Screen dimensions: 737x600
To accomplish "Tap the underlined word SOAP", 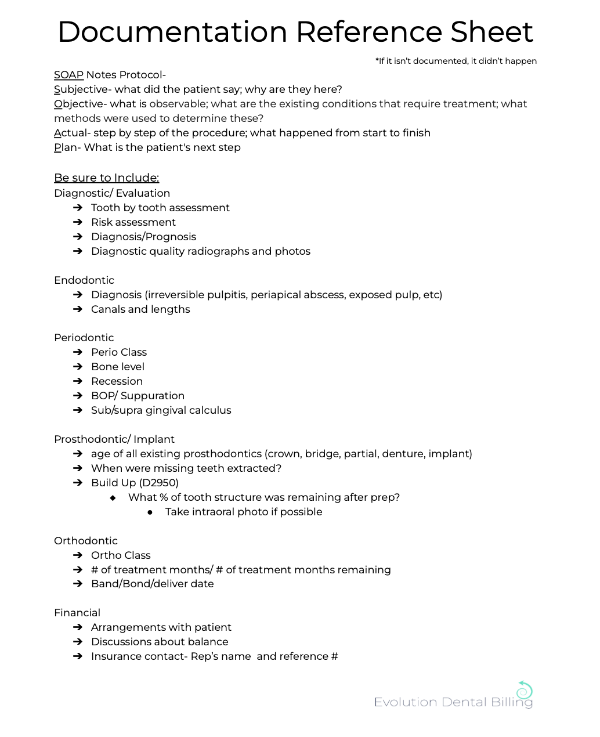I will click(68, 75).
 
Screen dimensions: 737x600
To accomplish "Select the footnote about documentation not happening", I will click(456, 61).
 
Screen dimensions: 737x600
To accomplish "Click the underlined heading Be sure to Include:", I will click(106, 178).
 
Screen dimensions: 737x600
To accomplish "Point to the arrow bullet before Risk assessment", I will click(78, 222).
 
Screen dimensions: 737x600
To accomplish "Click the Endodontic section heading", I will click(84, 280).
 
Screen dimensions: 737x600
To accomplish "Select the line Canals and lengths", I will click(140, 309).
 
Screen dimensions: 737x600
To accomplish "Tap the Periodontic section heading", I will click(84, 338).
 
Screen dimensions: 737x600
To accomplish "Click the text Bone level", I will click(118, 367).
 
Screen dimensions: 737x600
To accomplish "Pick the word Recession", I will click(117, 381).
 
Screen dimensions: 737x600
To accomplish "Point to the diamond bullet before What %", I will click(113, 498).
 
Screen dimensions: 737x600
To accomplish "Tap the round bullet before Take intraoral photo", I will click(150, 512).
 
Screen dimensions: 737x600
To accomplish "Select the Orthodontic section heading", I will click(86, 541).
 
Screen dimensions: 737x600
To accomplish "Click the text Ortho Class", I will click(121, 555).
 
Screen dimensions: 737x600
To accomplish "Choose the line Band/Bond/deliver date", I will click(152, 584).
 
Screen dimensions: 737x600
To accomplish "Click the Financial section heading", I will click(77, 613).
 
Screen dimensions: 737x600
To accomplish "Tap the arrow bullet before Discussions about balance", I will click(78, 642).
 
